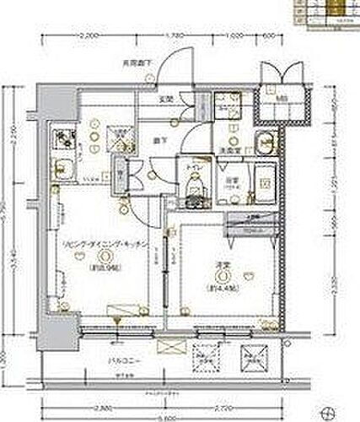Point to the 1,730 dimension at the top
175,35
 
